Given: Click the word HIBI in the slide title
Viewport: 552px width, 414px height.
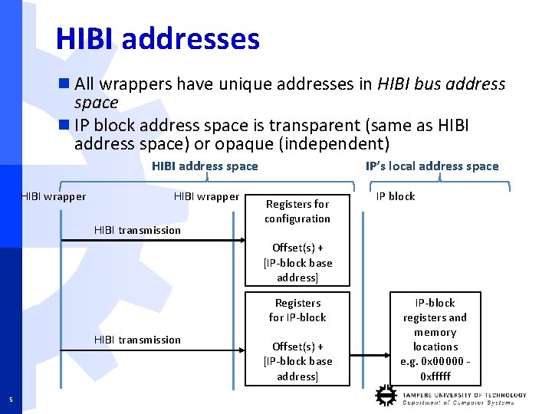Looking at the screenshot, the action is coord(84,39).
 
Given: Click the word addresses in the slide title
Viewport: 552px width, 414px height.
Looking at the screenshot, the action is coord(190,39).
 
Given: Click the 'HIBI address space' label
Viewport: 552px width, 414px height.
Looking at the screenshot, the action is coord(205,166).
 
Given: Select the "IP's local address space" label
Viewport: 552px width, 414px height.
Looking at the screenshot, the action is coord(432,166).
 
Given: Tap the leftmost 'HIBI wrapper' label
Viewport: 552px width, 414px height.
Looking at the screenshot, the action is coord(53,196).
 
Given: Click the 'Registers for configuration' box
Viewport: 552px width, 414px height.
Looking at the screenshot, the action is coord(297,211).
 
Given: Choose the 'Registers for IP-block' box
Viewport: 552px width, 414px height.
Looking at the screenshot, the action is coord(297,310).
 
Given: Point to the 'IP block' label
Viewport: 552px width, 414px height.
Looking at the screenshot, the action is coord(396,196).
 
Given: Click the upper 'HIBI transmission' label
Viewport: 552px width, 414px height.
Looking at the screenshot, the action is coord(137,230).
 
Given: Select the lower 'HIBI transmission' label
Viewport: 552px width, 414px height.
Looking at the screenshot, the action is coord(137,340).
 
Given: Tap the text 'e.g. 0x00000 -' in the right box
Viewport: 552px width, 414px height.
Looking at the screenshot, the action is coord(435,361).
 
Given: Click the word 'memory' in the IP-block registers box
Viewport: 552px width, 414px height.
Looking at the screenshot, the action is coord(435,332).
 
